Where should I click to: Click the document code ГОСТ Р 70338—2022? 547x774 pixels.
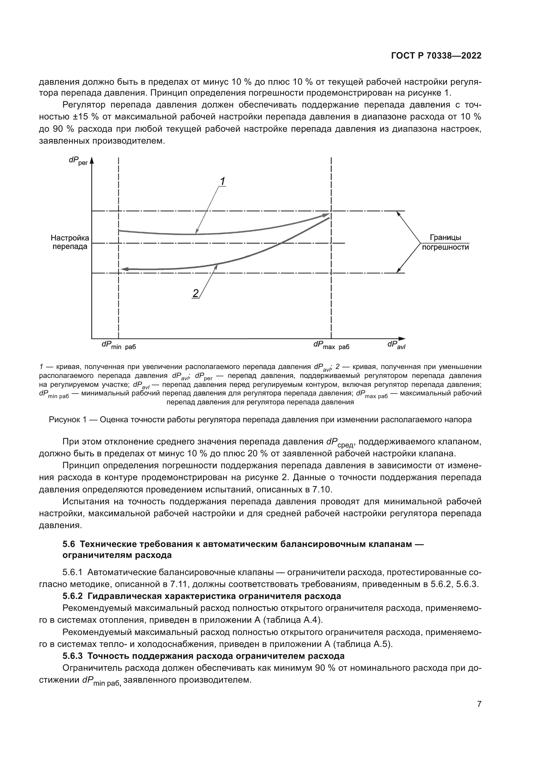tap(436, 56)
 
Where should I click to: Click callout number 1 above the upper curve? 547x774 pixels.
tap(222, 181)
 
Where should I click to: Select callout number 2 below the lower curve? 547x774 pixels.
tap(195, 293)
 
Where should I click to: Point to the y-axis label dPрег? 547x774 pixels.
tap(78, 161)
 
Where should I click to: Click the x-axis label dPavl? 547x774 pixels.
tap(396, 345)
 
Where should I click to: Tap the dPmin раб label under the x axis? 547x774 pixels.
tap(119, 345)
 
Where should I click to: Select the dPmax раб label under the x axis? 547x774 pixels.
tap(331, 345)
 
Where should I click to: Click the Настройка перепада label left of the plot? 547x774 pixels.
tap(70, 242)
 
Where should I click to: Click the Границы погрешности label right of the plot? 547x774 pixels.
tap(445, 242)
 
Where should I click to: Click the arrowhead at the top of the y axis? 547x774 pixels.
tap(92, 160)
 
